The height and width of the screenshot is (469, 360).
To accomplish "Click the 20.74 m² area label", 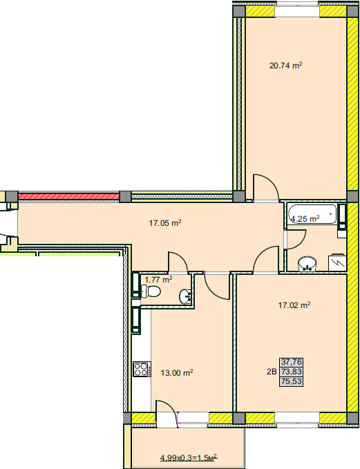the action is tap(286, 65).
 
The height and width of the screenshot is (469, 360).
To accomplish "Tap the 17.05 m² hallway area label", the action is tap(165, 223).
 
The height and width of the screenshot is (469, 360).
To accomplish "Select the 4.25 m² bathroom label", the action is tap(305, 219).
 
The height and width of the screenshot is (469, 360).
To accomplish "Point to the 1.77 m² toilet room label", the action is tap(158, 280).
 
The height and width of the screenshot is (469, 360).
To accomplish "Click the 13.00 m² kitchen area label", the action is tap(177, 373).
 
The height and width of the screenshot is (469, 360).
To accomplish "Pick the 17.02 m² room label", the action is tap(294, 305).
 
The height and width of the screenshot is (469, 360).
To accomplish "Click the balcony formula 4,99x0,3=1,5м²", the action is tap(189, 458).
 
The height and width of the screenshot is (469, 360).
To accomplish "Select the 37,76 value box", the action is tap(291, 362).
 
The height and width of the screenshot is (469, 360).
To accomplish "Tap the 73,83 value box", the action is tap(291, 372).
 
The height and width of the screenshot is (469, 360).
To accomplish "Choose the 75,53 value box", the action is tap(291, 381).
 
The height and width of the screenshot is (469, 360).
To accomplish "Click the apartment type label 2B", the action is tap(272, 372).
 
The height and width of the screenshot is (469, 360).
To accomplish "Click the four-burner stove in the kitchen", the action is tap(142, 369).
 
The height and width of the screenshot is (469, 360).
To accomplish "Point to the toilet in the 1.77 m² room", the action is tap(151, 291).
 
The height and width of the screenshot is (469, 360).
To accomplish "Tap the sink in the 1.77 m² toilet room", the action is tap(186, 296).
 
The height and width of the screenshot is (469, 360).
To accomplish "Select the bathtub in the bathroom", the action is tap(312, 214).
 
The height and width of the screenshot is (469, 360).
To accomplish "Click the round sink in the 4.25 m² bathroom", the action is tap(307, 264).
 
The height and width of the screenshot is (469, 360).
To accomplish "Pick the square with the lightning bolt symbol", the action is tap(337, 263).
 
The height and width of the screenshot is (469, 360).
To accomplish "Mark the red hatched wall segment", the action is tap(69, 197).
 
